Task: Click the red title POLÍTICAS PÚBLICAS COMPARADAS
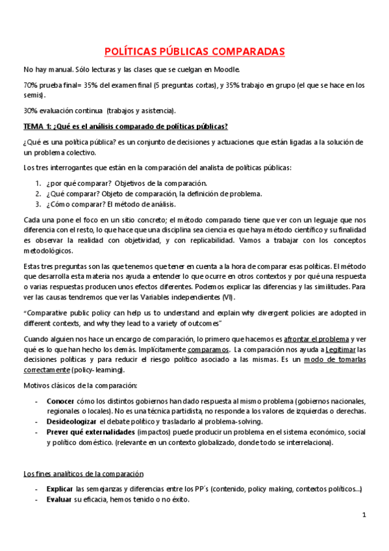click(194, 51)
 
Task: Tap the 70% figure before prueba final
click(30, 85)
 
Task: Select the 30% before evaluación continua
click(30, 110)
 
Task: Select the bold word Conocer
click(60, 401)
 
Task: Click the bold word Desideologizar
click(71, 421)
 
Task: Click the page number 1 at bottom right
click(364, 515)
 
